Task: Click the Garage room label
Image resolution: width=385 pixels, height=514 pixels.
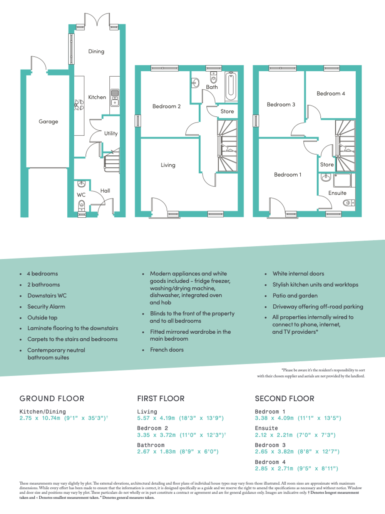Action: (48, 121)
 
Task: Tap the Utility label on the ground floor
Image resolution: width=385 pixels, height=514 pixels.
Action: (110, 133)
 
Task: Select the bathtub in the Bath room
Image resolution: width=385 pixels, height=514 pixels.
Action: (231, 86)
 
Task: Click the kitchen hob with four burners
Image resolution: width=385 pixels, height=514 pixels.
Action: (79, 105)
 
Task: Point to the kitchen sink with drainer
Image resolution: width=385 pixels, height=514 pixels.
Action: (115, 97)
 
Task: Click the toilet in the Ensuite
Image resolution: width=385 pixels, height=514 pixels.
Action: (349, 203)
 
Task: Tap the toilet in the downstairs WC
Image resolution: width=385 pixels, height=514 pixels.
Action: (81, 205)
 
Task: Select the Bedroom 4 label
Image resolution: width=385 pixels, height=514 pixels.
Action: (331, 93)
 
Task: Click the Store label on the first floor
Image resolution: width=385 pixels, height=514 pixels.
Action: (227, 111)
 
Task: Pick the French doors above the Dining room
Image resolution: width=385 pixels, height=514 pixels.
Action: (97, 20)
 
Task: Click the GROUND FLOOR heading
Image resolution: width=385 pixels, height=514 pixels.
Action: (52, 398)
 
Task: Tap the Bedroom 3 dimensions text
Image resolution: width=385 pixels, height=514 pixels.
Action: (297, 452)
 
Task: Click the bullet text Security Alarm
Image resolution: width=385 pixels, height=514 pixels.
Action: (46, 307)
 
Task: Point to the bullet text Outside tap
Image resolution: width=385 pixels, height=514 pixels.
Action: (42, 317)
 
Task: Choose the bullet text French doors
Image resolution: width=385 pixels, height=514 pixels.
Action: (167, 349)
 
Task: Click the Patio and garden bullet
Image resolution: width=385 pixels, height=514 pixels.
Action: (295, 296)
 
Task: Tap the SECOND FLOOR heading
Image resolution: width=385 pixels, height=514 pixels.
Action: (285, 398)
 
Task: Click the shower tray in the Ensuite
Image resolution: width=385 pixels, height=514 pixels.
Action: (342, 180)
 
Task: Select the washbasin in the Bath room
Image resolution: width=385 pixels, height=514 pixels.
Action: (195, 82)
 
